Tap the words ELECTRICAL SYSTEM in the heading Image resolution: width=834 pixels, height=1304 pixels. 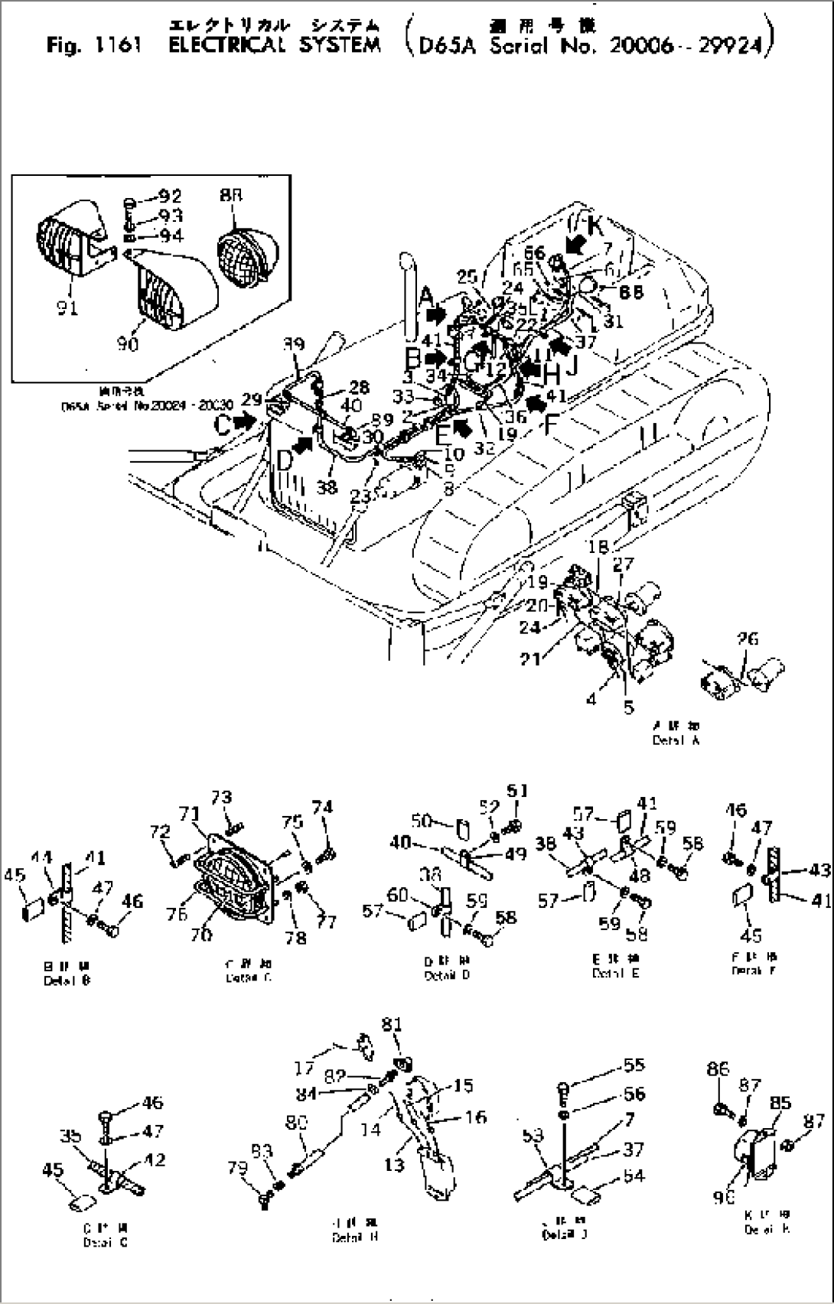(x=274, y=45)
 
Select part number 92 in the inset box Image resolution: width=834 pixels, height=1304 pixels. (x=169, y=197)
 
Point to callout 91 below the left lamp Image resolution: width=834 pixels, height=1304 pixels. (x=67, y=309)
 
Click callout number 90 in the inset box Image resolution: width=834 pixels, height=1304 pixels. (x=128, y=343)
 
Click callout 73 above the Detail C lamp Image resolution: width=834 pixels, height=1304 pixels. (x=221, y=798)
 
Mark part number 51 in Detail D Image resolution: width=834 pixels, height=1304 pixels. (x=518, y=790)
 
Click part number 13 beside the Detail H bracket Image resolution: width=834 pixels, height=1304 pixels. (x=394, y=1165)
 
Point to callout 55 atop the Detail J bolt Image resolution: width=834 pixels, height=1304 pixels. (x=634, y=1065)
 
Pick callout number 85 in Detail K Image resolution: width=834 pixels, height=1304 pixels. (x=780, y=1104)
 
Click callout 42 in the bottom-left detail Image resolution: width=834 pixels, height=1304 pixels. (x=155, y=1159)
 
